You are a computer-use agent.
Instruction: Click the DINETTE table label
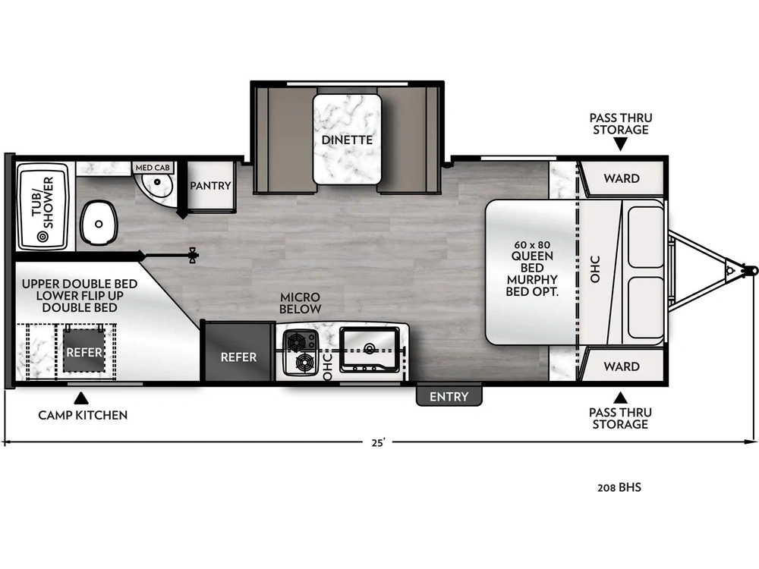[347, 140]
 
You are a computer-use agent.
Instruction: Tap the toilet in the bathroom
[99, 223]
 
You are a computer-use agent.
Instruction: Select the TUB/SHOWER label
[43, 203]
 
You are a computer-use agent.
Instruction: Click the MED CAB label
[153, 168]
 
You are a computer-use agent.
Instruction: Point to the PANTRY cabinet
[211, 186]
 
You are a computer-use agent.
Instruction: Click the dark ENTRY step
[449, 396]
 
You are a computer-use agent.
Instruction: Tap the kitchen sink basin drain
[370, 348]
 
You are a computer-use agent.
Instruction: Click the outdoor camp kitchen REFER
[84, 352]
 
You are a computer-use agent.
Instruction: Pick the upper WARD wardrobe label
[622, 178]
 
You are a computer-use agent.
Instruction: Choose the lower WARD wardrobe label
[622, 366]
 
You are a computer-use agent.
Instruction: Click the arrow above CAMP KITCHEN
[81, 398]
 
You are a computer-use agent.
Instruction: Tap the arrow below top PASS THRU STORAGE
[621, 143]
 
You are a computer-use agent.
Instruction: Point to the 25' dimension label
[379, 442]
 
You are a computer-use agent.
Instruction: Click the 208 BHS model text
[619, 487]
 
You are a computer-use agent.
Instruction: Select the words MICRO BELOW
[301, 303]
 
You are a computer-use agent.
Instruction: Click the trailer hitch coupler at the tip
[751, 270]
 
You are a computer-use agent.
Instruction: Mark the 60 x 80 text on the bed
[532, 245]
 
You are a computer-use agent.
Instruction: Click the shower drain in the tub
[43, 237]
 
